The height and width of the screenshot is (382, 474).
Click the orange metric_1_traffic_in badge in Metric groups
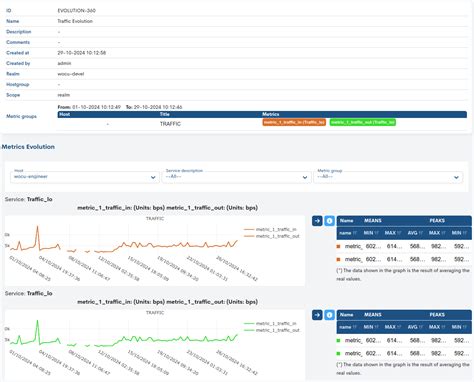(x=295, y=122)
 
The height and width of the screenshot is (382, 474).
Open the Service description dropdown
(x=236, y=177)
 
